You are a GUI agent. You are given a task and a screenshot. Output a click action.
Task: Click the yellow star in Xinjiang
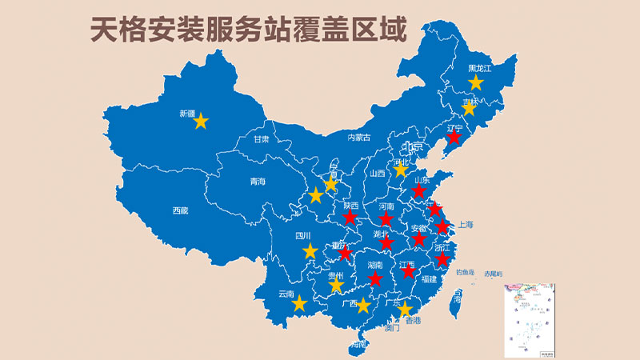201,122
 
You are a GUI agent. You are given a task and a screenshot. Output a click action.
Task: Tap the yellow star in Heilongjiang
476,82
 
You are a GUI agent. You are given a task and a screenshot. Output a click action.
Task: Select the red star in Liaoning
454,138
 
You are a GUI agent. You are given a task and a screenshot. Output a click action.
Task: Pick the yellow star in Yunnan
299,304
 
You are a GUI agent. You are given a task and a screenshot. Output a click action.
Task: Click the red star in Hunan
375,278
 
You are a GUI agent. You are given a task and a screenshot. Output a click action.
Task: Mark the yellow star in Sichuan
310,251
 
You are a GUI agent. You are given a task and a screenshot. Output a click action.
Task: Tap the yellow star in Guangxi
363,305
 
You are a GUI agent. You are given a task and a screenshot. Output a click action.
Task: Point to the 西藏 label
180,211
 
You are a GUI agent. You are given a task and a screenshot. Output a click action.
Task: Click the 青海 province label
257,182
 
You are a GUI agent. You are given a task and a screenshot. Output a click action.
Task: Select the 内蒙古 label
360,138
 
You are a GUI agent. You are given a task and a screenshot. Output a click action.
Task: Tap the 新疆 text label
187,114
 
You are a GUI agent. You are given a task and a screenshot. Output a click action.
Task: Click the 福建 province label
428,279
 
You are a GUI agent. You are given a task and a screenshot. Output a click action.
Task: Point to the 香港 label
413,321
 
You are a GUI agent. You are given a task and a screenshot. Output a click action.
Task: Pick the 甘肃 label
261,138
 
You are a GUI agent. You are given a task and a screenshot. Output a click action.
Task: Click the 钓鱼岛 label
466,272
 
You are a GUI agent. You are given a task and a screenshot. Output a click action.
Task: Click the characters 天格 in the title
113,29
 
